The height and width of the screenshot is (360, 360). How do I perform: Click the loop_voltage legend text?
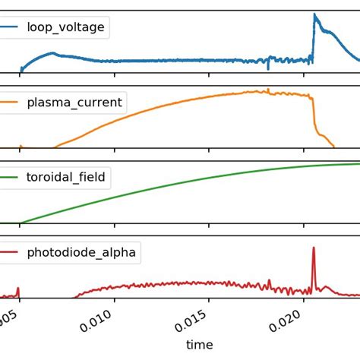pos(66,29)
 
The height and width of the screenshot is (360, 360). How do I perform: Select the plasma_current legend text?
pos(74,103)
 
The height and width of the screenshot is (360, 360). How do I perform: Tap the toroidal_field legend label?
pos(66,178)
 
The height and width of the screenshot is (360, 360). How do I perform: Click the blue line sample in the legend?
pos(9,29)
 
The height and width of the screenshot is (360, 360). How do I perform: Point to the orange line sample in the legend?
pos(9,103)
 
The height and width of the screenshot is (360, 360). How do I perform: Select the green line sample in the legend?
pos(9,178)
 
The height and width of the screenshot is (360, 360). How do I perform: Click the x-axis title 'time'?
pos(199,345)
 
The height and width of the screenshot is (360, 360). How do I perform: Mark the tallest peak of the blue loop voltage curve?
pos(315,14)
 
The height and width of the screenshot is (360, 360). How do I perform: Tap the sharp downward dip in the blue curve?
pos(268,68)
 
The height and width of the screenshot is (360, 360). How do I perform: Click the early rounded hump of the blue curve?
pos(52,53)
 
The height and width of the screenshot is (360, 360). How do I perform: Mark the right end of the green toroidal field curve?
pos(358,163)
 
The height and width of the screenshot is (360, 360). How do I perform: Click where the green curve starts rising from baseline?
pos(21,223)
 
